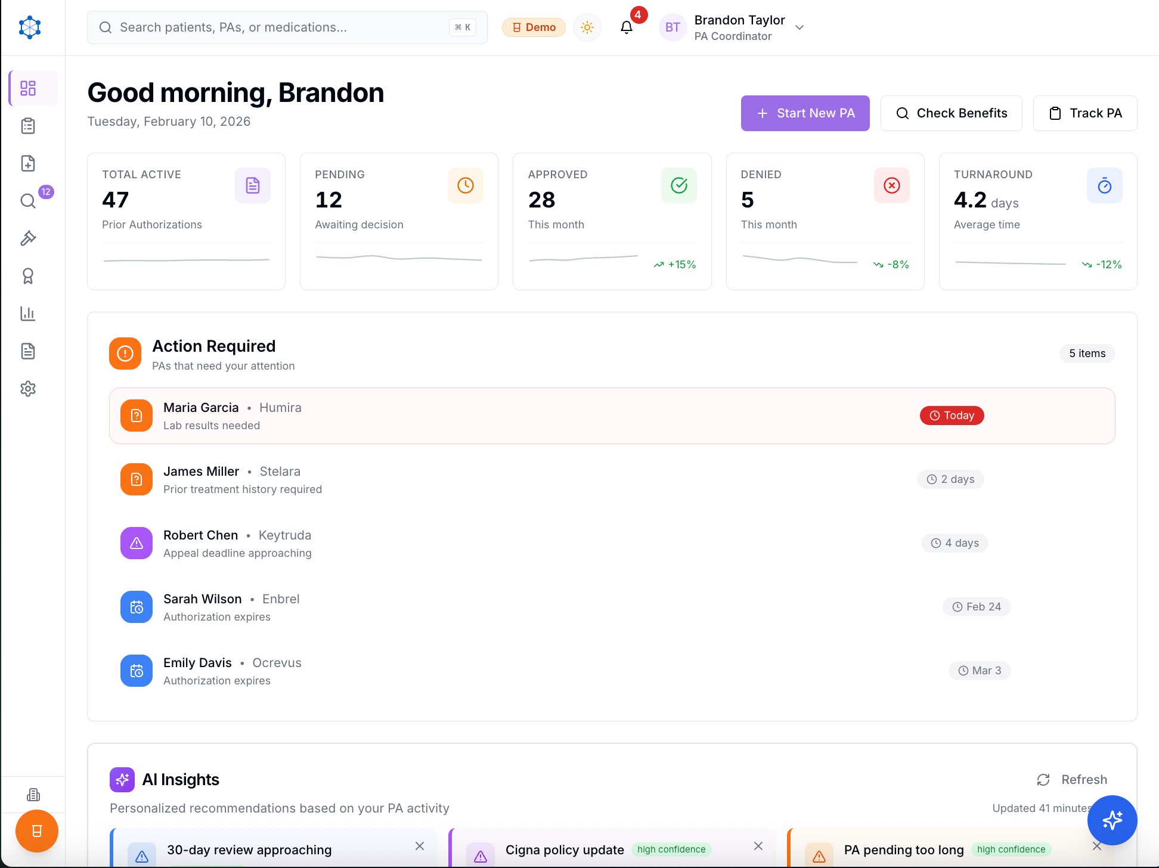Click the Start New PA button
point(805,113)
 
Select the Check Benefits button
point(951,113)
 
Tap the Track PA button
point(1084,113)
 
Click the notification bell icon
point(626,27)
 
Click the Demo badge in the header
point(534,27)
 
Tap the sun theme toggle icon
point(587,27)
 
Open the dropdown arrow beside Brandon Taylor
point(799,27)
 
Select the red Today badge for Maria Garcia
point(952,416)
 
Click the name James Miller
point(201,472)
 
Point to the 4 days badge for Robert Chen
point(955,543)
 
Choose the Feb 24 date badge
point(977,607)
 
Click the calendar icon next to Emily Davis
point(137,671)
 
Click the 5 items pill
point(1087,354)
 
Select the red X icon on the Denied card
point(891,185)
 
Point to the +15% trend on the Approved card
point(675,265)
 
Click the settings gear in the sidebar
point(28,389)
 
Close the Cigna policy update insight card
point(758,846)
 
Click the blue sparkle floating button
point(1112,820)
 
